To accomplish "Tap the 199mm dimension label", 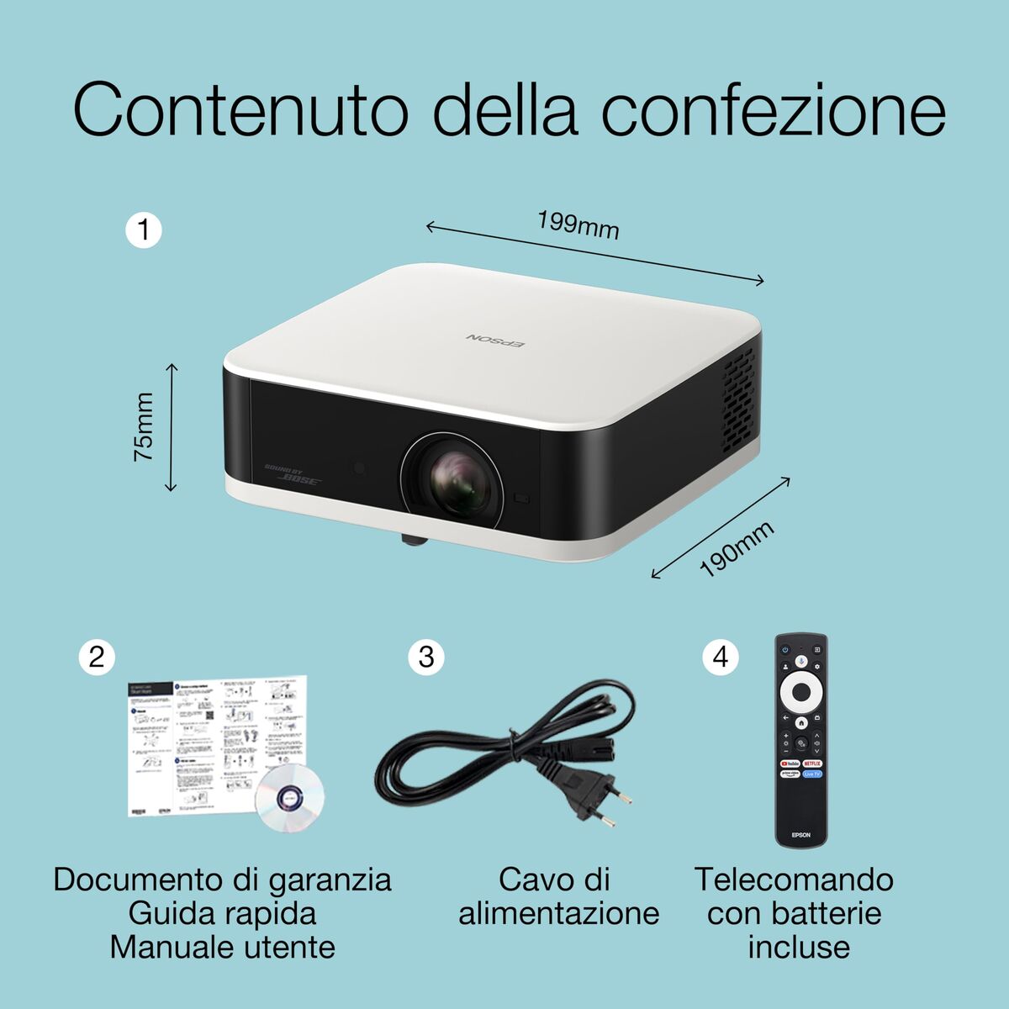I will (x=578, y=225).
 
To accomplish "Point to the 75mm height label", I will (x=144, y=426).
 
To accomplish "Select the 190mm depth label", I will (x=737, y=549).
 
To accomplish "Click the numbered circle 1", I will (x=144, y=230).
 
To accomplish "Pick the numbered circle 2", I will (x=97, y=656).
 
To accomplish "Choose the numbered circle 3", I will (x=425, y=656).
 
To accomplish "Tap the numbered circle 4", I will (x=721, y=656).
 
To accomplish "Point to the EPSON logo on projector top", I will (x=495, y=338).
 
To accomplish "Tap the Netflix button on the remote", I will (x=812, y=763).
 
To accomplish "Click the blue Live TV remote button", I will (x=812, y=774).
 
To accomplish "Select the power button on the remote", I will (x=785, y=649).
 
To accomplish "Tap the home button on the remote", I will (x=801, y=721).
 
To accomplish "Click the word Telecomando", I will (x=794, y=880).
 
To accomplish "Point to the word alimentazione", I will (x=558, y=914).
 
